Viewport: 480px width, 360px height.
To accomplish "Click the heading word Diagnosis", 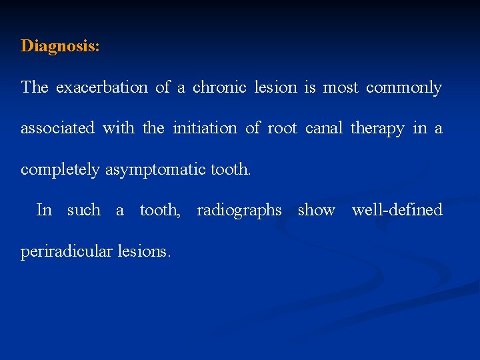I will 60,46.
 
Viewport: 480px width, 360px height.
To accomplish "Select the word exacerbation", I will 101,87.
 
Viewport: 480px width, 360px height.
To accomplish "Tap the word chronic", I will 219,87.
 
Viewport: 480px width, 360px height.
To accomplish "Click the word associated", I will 57,128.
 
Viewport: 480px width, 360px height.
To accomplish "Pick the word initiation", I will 205,128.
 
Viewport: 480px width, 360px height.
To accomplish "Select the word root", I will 282,128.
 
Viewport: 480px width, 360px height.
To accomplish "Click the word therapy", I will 377,129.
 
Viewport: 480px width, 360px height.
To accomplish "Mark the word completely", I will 61,169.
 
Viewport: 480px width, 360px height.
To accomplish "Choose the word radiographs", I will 239,211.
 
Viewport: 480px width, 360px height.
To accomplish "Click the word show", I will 316,210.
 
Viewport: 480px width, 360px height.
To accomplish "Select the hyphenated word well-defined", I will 397,210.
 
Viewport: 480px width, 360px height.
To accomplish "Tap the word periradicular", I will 67,252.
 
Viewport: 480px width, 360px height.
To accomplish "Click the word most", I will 341,87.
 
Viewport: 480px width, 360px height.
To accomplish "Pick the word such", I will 83,210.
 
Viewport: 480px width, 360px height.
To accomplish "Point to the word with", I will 118,128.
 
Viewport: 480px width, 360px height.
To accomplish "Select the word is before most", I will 310,87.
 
